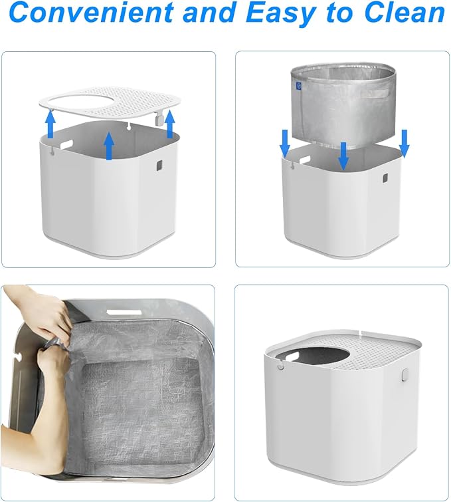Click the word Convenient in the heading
point(91,12)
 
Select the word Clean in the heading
point(405,12)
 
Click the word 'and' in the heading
point(210,12)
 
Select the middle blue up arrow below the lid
point(109,146)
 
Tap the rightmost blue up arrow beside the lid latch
point(170,123)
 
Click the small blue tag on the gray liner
point(299,86)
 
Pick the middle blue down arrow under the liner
point(343,156)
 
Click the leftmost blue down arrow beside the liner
point(285,144)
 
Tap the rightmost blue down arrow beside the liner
point(405,144)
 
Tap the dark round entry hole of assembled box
point(323,359)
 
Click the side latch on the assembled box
point(405,375)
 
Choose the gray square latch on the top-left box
point(159,166)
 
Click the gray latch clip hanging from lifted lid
point(159,120)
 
